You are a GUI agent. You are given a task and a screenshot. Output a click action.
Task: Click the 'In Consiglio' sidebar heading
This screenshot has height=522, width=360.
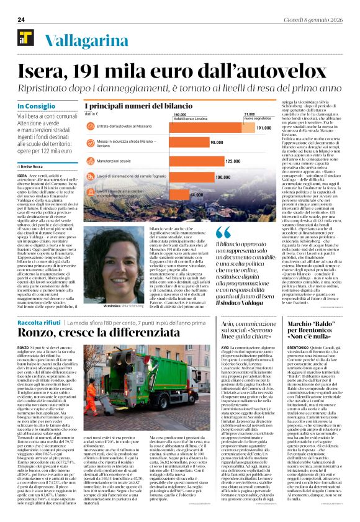click(x=36, y=107)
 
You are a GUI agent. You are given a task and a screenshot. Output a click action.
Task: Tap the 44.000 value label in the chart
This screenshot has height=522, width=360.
click(x=197, y=194)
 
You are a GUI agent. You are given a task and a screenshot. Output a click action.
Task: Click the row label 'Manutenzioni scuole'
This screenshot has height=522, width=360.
click(x=115, y=160)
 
